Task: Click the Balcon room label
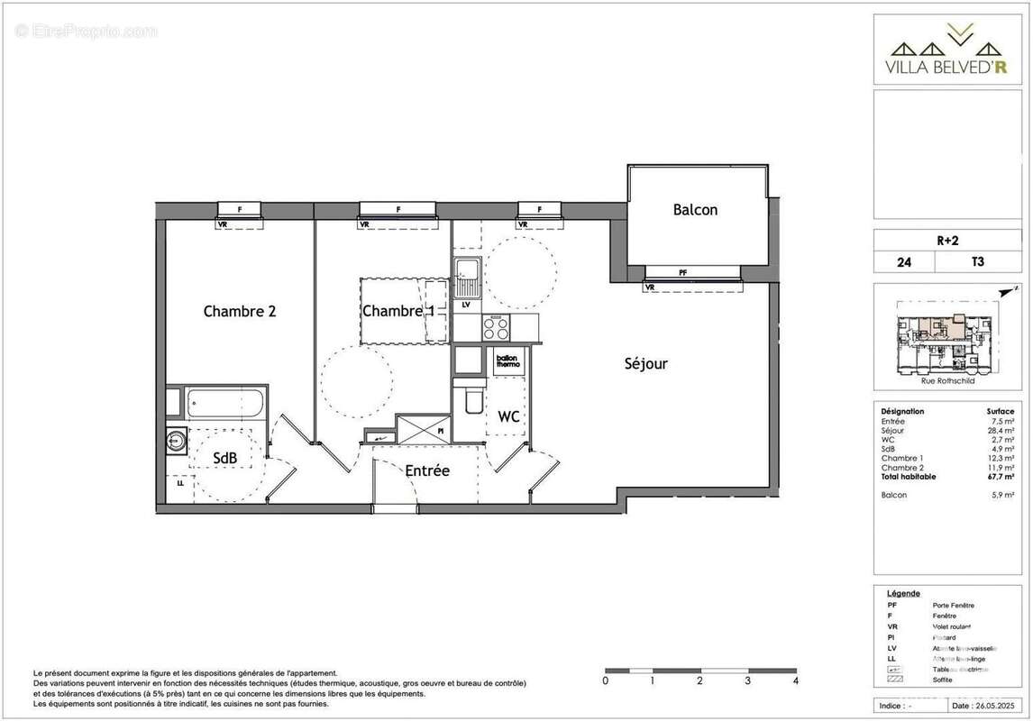(x=695, y=210)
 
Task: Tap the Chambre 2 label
(x=239, y=312)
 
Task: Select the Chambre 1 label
(x=398, y=311)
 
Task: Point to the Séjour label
(x=646, y=364)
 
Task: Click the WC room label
(x=508, y=417)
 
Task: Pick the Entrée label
(x=426, y=470)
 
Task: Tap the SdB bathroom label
(x=224, y=458)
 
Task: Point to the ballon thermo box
(x=507, y=361)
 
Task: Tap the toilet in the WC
(x=473, y=399)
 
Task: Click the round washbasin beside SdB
(x=175, y=441)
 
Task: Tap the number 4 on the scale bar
(x=795, y=681)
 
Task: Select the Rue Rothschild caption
(x=946, y=381)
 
